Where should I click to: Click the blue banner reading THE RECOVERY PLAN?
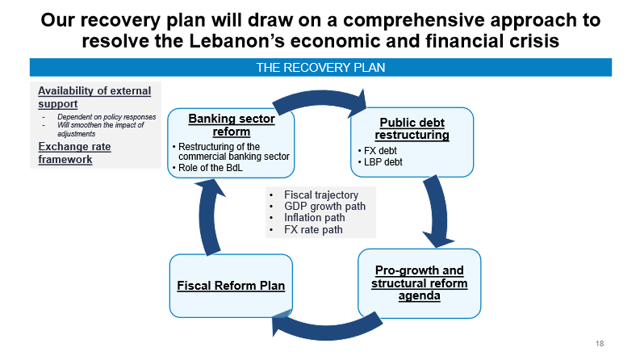320,68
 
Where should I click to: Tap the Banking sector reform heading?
232,125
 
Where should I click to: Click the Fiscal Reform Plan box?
231,285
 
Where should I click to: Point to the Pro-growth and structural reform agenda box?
419,283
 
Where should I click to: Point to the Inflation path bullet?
315,218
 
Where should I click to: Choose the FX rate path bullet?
313,230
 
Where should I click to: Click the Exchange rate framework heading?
74,153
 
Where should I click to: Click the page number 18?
600,345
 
